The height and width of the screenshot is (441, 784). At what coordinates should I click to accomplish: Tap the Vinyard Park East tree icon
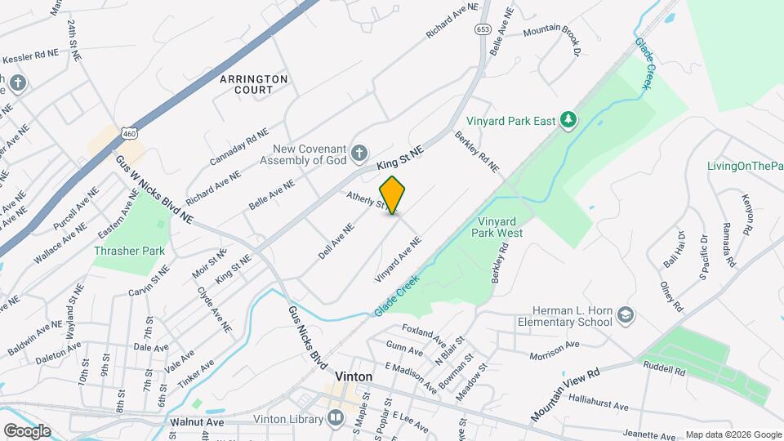coord(568,121)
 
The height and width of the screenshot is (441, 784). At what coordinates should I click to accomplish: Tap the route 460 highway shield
coord(127,132)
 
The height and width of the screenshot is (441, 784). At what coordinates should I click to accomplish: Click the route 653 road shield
coord(483,29)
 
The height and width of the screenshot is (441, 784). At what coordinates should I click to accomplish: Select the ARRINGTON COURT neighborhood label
coord(254,85)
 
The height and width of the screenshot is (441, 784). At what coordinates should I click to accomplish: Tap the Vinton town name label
coord(354,376)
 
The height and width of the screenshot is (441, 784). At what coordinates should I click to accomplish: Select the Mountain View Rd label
coord(565,394)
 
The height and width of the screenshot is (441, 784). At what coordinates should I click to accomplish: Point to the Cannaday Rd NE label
coord(238,147)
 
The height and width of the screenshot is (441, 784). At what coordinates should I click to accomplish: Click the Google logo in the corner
coord(27,430)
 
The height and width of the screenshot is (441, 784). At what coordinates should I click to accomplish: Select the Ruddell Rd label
coord(664,369)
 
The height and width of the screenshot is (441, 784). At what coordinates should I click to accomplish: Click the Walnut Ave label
coord(197,422)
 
